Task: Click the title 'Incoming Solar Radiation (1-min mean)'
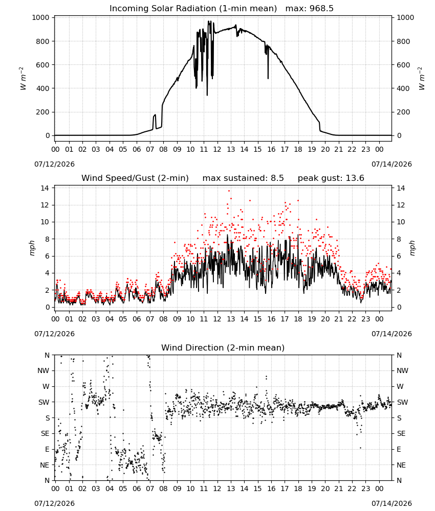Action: [x=193, y=9]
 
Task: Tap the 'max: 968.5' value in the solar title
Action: [x=310, y=9]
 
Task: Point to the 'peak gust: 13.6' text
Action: [x=331, y=178]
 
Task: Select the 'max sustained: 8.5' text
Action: [x=243, y=178]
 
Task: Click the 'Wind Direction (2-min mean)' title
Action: [x=223, y=347]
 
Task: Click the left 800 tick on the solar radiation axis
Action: [x=43, y=41]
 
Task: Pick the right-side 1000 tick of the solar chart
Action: [x=405, y=17]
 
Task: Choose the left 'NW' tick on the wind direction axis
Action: [x=43, y=371]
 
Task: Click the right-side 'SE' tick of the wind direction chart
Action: [x=401, y=434]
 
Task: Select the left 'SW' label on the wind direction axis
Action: [x=44, y=403]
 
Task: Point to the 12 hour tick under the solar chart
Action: [x=217, y=150]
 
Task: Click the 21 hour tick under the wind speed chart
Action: [x=339, y=319]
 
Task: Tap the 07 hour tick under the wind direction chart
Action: [x=150, y=489]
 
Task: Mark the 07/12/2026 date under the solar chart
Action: [x=54, y=164]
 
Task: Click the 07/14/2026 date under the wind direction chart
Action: [x=391, y=503]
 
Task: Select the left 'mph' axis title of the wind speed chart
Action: [x=32, y=248]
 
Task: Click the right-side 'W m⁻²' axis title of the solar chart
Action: [x=422, y=79]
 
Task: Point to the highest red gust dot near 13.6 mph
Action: [x=229, y=191]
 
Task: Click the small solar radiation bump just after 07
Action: [x=155, y=121]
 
